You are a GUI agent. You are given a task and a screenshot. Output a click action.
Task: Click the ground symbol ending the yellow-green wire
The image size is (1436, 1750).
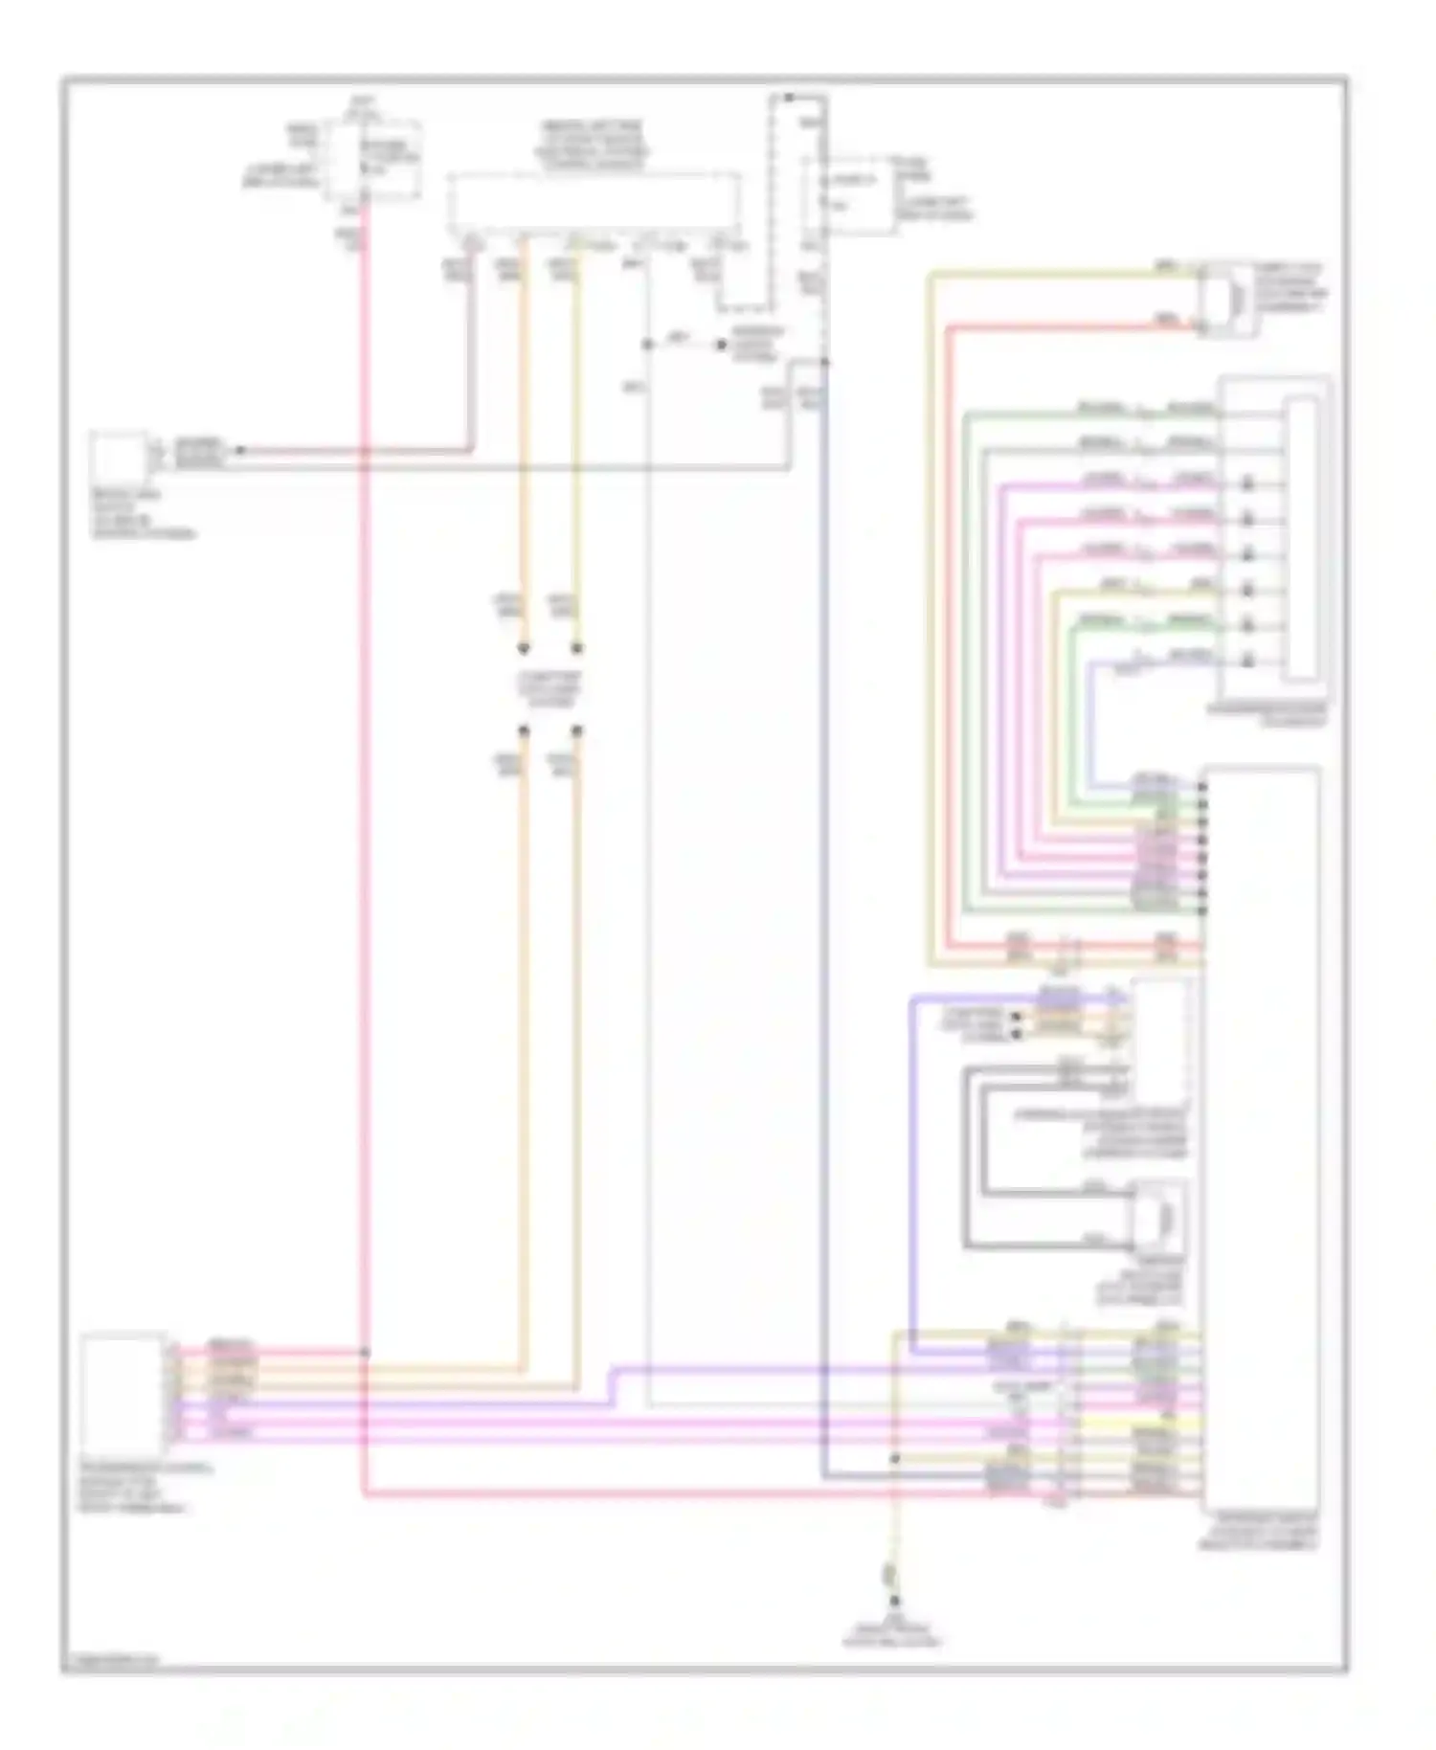895,1600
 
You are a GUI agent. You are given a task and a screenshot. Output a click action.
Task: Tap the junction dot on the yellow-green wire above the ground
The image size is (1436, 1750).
894,1459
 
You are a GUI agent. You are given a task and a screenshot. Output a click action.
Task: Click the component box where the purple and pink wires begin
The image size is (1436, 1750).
123,1393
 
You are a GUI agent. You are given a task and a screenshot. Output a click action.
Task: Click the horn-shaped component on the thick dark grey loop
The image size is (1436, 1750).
1161,1217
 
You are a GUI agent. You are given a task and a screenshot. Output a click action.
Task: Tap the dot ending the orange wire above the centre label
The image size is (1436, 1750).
524,649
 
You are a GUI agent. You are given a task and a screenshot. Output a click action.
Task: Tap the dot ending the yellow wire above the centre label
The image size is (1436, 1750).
576,649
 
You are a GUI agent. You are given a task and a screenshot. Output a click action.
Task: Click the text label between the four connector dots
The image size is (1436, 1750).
550,689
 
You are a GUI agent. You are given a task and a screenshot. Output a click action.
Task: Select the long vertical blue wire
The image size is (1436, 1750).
824,909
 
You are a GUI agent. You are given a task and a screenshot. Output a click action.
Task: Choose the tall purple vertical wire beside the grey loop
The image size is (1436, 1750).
910,1168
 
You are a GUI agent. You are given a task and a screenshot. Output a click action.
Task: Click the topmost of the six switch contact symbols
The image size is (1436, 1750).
1248,485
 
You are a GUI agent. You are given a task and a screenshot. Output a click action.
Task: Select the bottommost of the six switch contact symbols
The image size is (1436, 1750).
1248,660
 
